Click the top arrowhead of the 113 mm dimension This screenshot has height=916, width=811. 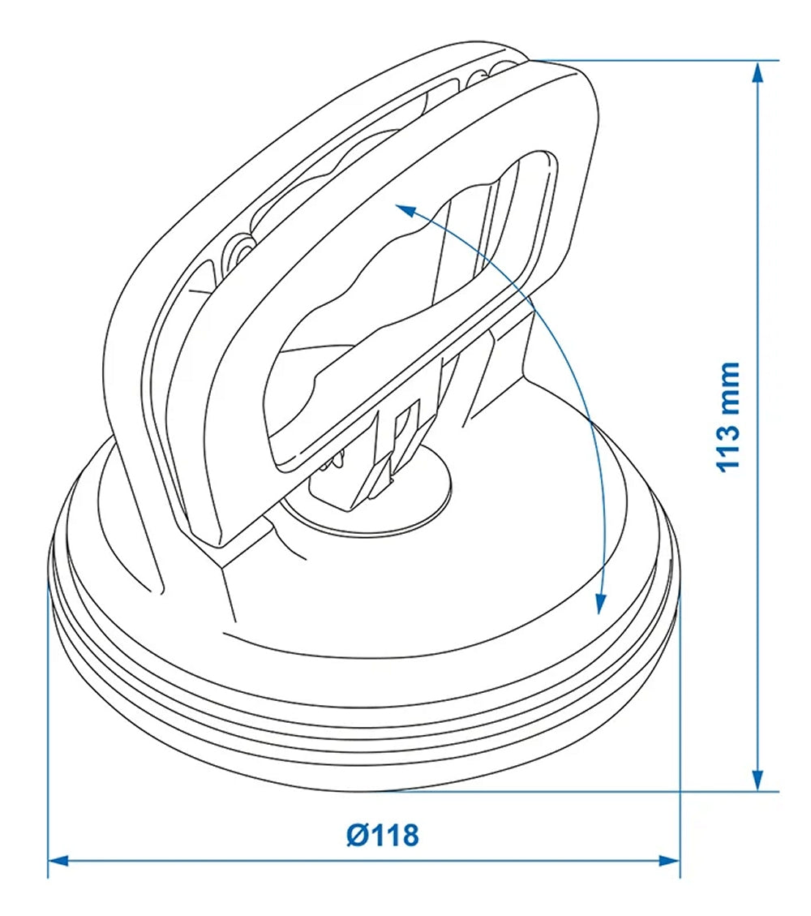click(x=757, y=73)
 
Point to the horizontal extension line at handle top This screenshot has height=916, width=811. click(x=649, y=60)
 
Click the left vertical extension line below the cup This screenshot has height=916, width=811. click(x=48, y=730)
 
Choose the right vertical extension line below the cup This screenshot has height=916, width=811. click(x=680, y=730)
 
